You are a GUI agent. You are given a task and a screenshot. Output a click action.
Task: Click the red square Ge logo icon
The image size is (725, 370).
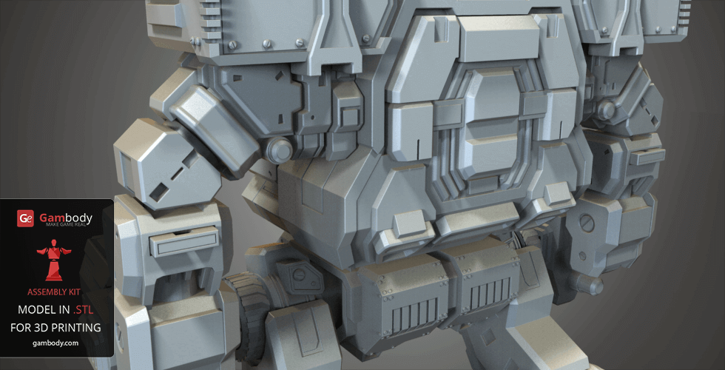click(25, 218)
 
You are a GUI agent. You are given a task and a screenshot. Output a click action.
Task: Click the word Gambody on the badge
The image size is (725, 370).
click(65, 218)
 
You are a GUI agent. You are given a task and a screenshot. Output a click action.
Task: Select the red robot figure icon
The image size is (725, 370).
click(53, 260)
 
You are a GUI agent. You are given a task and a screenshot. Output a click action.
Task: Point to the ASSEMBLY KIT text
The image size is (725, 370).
click(53, 292)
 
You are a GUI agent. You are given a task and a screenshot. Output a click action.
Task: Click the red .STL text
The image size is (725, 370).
click(83, 309)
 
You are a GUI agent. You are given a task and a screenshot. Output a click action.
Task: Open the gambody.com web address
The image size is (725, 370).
click(55, 343)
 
